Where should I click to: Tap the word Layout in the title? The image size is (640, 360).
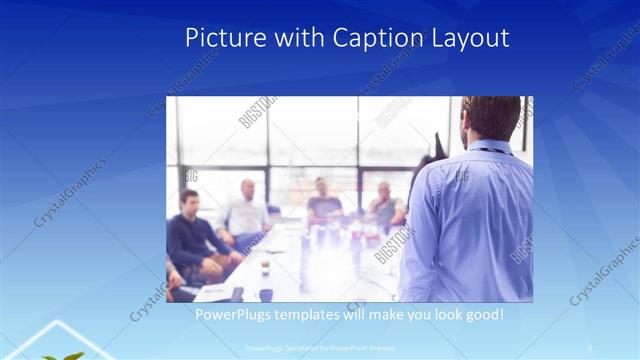[469, 38]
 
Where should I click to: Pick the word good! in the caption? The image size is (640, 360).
[482, 316]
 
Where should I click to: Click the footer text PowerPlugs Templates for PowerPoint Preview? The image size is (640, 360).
[318, 348]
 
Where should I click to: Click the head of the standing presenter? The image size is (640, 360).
[491, 119]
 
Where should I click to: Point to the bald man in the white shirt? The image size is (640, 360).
[246, 210]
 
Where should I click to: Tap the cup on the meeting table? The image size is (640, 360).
[266, 293]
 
